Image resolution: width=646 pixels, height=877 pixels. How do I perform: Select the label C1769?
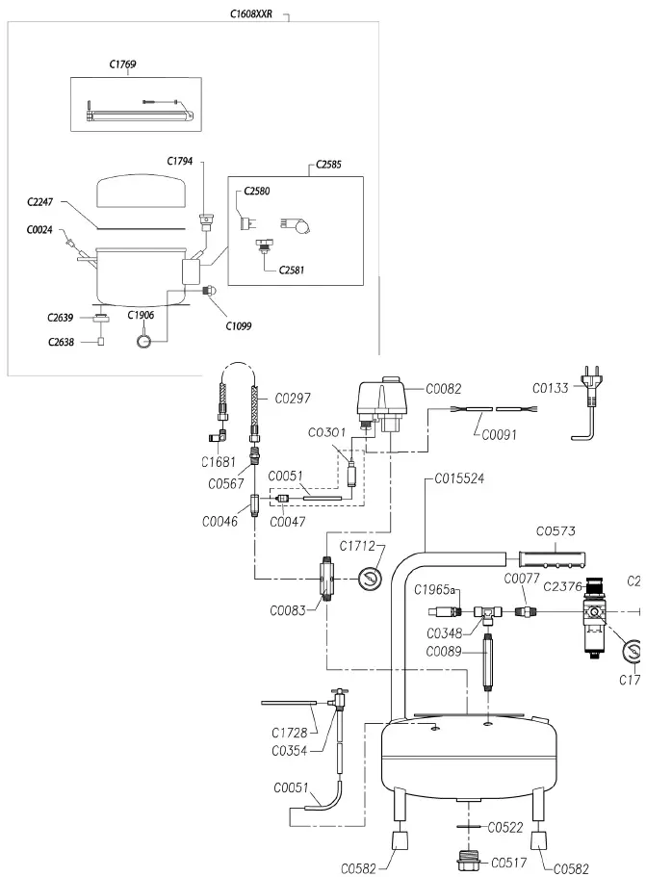pos(122,64)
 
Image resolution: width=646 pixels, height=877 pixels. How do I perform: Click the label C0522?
pos(505,827)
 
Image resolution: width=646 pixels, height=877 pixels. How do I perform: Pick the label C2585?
pos(328,166)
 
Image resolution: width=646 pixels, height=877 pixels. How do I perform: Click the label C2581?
pos(292,271)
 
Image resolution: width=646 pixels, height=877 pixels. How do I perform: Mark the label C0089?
pos(444,652)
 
